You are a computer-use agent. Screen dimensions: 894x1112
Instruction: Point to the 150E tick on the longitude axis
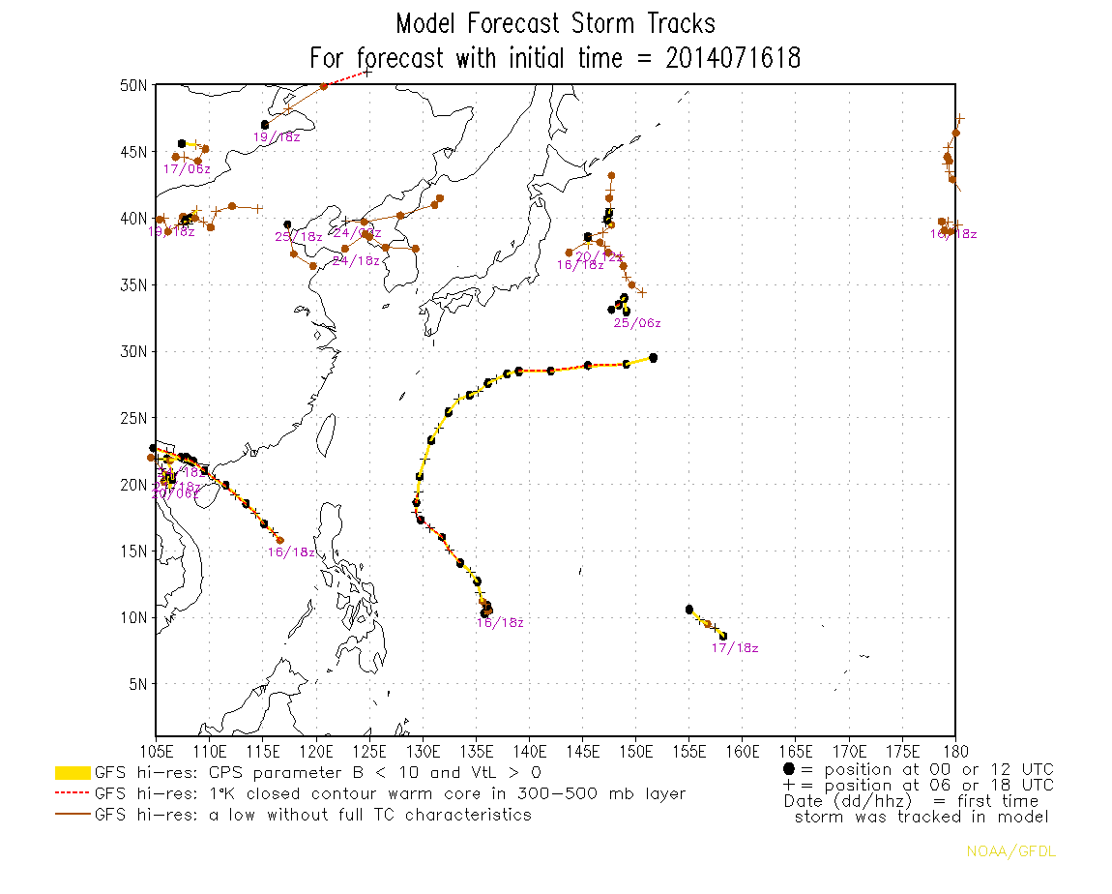click(635, 751)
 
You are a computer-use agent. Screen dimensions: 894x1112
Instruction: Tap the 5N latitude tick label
click(138, 684)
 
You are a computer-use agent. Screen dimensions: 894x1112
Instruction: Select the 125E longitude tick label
click(369, 751)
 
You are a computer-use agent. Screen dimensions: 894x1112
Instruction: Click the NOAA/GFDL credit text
click(998, 851)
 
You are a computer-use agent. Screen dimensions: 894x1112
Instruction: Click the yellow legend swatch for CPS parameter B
click(73, 773)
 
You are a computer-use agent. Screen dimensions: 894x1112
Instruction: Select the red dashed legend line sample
click(73, 794)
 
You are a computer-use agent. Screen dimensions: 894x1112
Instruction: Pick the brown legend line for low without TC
click(73, 816)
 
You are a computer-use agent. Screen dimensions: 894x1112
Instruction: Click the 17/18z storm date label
click(735, 648)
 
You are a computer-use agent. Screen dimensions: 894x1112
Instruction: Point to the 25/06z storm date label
click(637, 323)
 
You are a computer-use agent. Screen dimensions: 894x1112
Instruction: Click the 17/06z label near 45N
click(187, 169)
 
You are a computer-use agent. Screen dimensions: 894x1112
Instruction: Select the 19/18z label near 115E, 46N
click(277, 137)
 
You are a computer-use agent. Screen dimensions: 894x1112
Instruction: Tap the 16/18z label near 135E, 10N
click(500, 623)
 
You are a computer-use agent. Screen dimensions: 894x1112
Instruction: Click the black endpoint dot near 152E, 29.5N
click(654, 358)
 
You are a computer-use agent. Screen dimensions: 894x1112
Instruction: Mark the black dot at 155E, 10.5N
click(688, 610)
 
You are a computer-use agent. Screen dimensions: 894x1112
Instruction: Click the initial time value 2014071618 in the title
click(733, 58)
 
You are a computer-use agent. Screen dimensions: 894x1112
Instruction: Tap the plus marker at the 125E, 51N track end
click(367, 72)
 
